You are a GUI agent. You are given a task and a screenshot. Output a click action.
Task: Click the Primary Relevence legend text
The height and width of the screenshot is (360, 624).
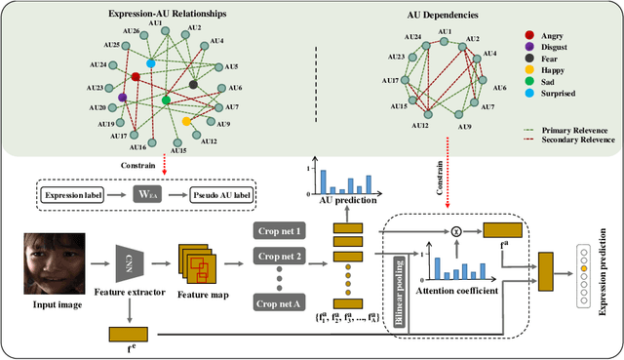(x=579, y=128)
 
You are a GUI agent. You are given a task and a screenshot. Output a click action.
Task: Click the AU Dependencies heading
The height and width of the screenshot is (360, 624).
(x=441, y=16)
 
